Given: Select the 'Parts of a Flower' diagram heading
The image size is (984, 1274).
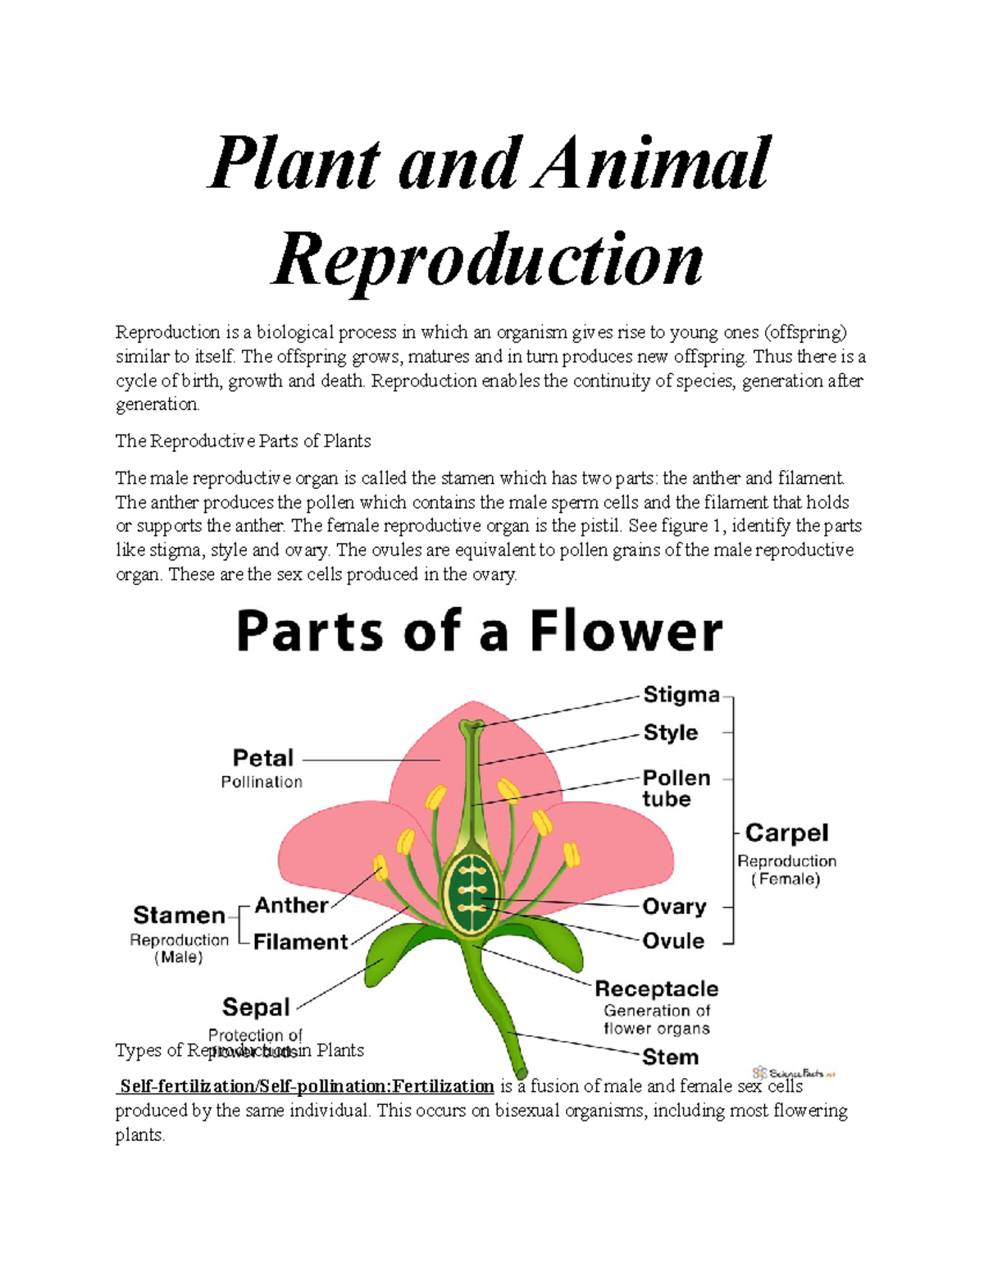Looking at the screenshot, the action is [480, 632].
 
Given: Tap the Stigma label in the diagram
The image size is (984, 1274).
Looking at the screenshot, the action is [681, 695].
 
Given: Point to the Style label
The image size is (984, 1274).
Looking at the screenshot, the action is [670, 733].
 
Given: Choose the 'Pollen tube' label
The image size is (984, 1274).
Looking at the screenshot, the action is [676, 788].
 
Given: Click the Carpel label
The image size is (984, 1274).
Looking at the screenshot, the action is [786, 833].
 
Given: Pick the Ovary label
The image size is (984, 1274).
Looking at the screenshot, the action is [674, 906].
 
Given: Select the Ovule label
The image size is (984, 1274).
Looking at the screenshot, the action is [673, 941].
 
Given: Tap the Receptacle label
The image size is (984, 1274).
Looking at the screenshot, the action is [656, 989].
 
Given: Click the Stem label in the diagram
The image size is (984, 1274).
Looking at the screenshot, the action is [670, 1057].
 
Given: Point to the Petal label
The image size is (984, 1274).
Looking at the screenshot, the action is [262, 758].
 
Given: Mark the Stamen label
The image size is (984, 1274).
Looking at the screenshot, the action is [179, 915].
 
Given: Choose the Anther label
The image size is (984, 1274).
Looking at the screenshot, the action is [291, 906].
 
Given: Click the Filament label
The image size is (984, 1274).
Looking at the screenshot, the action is [300, 942].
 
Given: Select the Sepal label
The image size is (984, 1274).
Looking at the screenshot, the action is [256, 1007].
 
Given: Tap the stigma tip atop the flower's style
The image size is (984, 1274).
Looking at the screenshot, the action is [471, 725].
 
